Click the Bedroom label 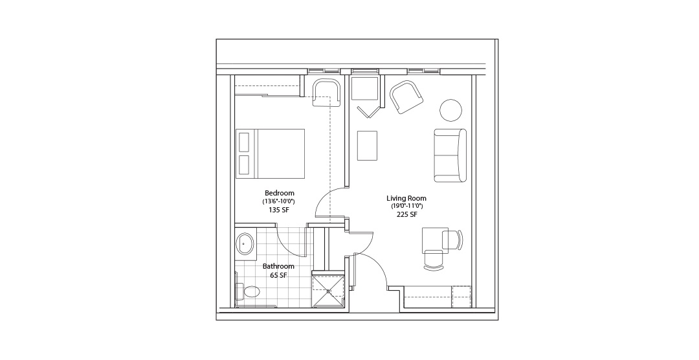[280, 193]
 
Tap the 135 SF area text [280, 210]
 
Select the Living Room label [406, 198]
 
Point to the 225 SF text [406, 214]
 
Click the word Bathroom [278, 266]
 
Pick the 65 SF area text [278, 275]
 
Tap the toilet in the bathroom [248, 292]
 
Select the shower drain [329, 291]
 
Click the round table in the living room [451, 109]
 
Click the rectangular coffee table [368, 146]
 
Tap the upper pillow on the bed [245, 142]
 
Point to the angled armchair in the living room [406, 97]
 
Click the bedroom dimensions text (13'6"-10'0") [279, 201]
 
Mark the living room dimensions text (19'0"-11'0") [406, 206]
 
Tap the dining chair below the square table [434, 260]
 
